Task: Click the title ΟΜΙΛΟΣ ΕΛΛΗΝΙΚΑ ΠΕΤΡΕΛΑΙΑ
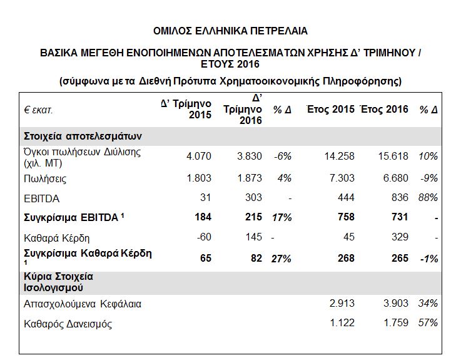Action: click(x=230, y=31)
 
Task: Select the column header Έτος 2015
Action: click(x=331, y=109)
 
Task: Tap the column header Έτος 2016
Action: click(x=385, y=109)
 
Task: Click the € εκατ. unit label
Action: click(x=38, y=110)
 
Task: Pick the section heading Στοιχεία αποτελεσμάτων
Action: click(x=83, y=136)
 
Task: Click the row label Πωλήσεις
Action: click(x=45, y=178)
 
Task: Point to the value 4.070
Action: click(x=199, y=157)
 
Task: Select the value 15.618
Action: click(x=393, y=157)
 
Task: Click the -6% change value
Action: click(x=283, y=157)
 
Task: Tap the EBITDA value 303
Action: click(x=253, y=198)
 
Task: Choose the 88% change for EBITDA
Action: click(x=428, y=198)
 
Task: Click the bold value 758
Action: click(x=346, y=217)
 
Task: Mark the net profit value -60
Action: click(x=204, y=237)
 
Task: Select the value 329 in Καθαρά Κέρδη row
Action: click(x=400, y=237)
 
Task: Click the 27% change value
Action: click(x=281, y=259)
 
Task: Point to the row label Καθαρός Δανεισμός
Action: click(x=68, y=324)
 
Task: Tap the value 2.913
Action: click(x=342, y=304)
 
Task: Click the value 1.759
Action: click(x=396, y=323)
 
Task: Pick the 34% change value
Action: click(x=428, y=304)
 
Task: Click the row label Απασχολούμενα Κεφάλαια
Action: click(x=83, y=304)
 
